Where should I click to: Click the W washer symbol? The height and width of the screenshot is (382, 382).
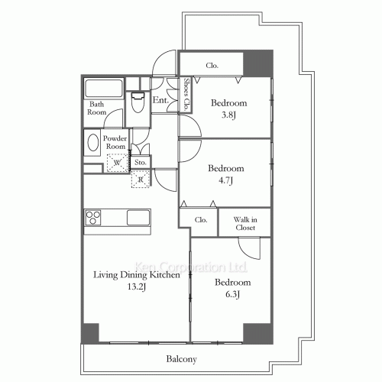(x=118, y=163)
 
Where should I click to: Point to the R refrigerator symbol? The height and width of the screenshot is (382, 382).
(x=141, y=180)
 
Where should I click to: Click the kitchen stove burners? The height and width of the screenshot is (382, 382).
(x=94, y=217)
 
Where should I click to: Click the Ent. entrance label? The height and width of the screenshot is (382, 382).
(x=160, y=100)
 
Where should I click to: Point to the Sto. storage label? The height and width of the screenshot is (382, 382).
(x=141, y=162)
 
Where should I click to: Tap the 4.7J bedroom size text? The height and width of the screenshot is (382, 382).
(x=226, y=180)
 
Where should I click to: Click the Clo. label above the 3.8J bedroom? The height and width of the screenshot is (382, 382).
(x=212, y=66)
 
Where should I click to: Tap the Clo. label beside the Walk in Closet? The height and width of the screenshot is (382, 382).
(x=201, y=220)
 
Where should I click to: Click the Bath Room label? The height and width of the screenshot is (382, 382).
(x=96, y=108)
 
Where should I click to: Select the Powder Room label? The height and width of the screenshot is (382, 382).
(x=115, y=141)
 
